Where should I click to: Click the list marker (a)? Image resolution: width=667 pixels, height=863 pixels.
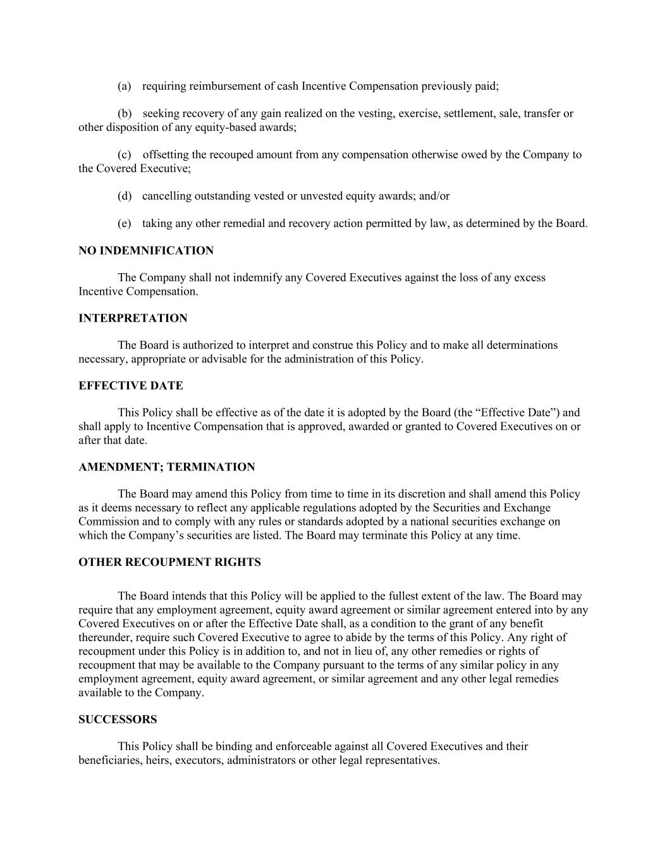(x=124, y=87)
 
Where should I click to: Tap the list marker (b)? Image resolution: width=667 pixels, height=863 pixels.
(x=125, y=114)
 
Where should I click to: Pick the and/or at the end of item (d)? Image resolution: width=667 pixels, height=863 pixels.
(x=434, y=196)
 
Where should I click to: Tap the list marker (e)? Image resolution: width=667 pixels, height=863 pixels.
(x=124, y=223)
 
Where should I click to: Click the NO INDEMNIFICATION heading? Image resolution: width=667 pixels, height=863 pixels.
(x=146, y=251)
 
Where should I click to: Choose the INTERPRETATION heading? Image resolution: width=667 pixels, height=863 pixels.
(x=133, y=319)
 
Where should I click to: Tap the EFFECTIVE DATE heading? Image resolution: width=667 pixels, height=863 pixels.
(x=131, y=386)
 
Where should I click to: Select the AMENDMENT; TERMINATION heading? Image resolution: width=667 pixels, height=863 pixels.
(x=167, y=467)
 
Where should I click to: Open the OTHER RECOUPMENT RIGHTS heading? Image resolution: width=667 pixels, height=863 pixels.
(x=169, y=563)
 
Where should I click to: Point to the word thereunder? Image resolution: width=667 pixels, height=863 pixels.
(x=105, y=637)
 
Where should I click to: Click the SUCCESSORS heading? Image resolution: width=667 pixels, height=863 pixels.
(x=118, y=719)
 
